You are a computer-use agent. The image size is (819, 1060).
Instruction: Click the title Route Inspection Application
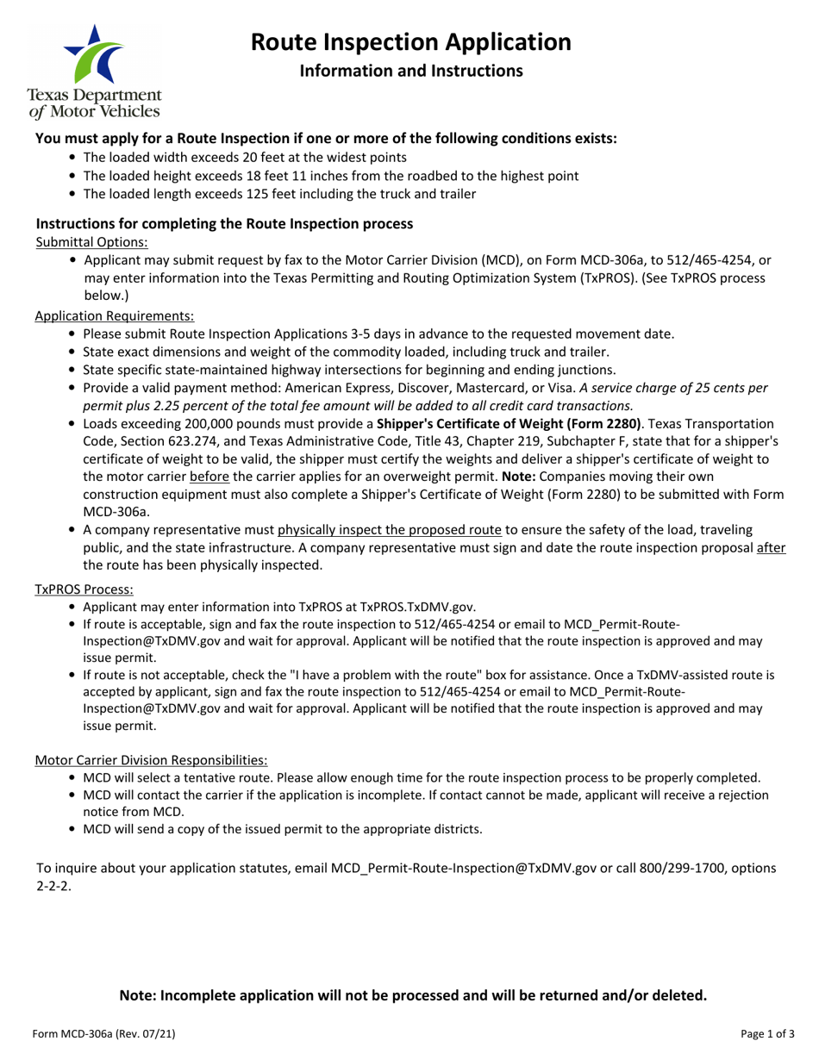click(410, 41)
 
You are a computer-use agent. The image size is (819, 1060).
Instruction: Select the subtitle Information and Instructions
click(410, 71)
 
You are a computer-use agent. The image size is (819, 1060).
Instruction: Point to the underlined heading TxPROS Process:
click(84, 589)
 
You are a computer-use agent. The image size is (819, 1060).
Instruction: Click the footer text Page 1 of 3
click(764, 1033)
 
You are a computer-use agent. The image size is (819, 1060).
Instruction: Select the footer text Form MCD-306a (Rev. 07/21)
click(105, 1033)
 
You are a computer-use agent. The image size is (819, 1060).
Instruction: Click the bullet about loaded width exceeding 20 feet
click(245, 158)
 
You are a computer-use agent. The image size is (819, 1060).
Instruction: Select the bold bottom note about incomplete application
click(413, 995)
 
